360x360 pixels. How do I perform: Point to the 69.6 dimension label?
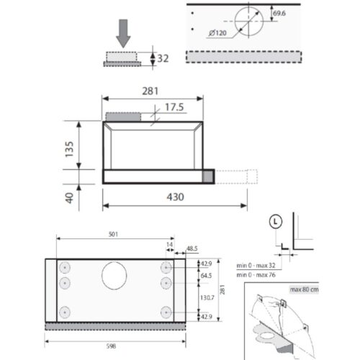(x=277, y=13)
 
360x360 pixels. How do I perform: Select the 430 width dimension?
(x=156, y=197)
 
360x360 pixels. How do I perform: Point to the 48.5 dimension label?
(x=191, y=248)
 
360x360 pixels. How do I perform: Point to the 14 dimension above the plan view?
(x=170, y=245)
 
